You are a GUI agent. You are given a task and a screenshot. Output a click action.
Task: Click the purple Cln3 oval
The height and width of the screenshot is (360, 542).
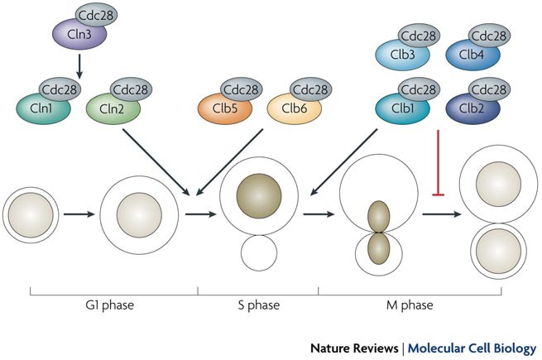click(72, 37)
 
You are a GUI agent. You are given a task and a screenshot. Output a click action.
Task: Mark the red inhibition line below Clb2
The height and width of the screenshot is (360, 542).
click(435, 166)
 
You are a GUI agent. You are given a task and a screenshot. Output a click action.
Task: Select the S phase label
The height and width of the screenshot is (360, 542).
click(257, 305)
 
